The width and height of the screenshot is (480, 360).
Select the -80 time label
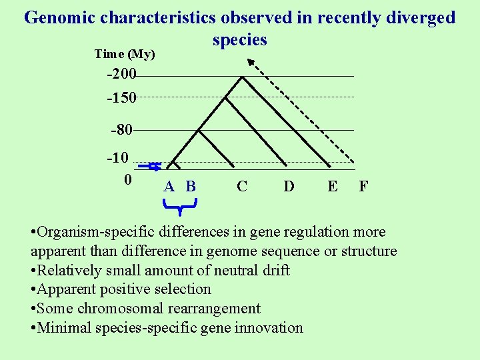tap(123, 130)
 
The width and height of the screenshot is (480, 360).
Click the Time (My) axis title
tap(125, 54)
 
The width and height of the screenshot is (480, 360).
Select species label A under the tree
tap(169, 186)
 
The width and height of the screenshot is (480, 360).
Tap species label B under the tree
tap(191, 186)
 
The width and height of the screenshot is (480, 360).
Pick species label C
tap(241, 186)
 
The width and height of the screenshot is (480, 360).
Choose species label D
tap(289, 186)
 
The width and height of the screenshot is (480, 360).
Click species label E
tap(332, 186)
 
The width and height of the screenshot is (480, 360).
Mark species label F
tap(363, 186)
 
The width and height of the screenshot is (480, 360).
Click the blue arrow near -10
tap(155, 166)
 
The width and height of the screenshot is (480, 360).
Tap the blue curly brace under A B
tap(180, 210)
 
